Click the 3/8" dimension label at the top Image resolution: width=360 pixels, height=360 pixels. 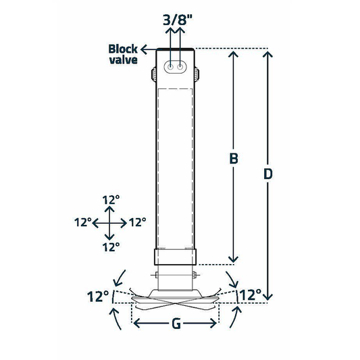177,19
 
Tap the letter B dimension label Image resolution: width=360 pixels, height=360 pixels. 233,159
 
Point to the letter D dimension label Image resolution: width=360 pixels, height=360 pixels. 268,174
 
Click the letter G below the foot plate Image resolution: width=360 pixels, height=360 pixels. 175,324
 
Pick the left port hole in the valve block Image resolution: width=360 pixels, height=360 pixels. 172,68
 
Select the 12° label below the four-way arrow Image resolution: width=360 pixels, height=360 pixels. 109,246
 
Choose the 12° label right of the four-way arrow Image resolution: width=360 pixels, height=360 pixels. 137,222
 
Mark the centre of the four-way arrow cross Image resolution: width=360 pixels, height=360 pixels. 109,222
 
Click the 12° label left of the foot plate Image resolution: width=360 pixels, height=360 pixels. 98,296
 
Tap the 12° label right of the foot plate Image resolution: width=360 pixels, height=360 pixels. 250,294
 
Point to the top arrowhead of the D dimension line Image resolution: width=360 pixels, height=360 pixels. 268,54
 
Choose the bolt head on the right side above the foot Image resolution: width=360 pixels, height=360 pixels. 197,275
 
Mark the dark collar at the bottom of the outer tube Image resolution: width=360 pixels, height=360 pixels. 176,257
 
